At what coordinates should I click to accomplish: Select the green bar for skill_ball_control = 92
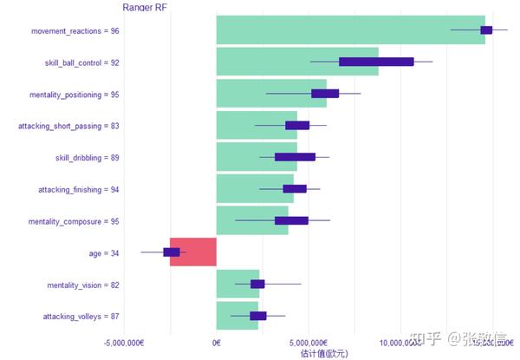pos(295,62)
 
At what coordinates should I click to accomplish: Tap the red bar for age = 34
pos(192,252)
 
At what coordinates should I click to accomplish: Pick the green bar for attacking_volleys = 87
pos(237,316)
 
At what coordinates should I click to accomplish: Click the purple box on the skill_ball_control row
pos(376,62)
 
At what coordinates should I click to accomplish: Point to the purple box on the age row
pos(172,252)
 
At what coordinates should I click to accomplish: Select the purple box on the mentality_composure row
pos(291,220)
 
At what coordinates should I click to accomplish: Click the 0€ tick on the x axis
pos(216,343)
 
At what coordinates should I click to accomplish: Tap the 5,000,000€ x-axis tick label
pos(308,343)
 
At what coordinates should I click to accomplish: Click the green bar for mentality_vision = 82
pos(237,284)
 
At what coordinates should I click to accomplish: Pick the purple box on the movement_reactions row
pos(486,30)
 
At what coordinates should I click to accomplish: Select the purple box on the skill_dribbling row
pos(295,157)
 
